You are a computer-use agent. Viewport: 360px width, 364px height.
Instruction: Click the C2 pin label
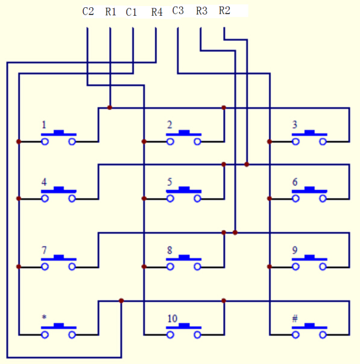tap(88, 11)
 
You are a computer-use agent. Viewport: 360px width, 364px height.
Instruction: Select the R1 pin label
tap(110, 11)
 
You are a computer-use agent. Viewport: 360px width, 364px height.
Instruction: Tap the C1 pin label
tap(131, 12)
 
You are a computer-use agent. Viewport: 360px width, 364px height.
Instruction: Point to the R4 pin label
tap(157, 12)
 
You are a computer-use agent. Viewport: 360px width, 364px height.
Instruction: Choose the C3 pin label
tap(178, 11)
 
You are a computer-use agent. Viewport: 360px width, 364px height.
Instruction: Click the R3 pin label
tap(201, 11)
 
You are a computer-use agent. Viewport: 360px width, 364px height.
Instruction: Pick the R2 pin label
tap(224, 10)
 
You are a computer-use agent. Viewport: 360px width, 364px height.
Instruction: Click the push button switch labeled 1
tap(58, 137)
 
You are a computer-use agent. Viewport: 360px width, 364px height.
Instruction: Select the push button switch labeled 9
tap(309, 263)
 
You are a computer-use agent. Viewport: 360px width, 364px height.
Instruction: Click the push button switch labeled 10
tap(184, 331)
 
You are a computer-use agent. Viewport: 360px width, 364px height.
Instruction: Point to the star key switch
tap(58, 331)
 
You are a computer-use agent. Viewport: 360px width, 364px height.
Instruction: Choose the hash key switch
tap(309, 331)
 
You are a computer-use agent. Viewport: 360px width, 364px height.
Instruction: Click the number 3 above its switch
tap(295, 125)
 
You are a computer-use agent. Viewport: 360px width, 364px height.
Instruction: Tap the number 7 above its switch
tap(44, 250)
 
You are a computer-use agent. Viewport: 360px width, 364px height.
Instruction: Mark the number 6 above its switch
tap(295, 182)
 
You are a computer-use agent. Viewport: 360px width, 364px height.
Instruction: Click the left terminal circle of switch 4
tap(45, 199)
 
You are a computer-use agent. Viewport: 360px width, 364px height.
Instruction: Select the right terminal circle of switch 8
tap(197, 267)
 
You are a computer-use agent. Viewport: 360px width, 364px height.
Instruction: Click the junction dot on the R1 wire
tap(110, 107)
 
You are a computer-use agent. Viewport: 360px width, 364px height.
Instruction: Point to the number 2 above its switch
tap(170, 125)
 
